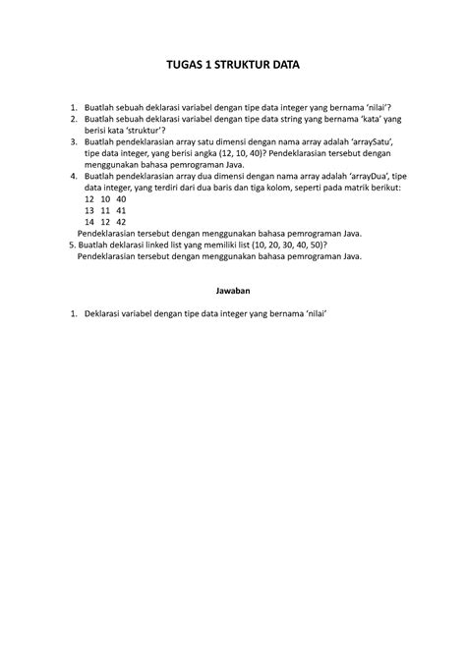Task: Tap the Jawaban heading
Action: click(x=232, y=291)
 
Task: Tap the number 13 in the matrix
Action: click(x=89, y=210)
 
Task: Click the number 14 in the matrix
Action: click(x=89, y=222)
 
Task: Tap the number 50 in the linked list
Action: click(x=313, y=245)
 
